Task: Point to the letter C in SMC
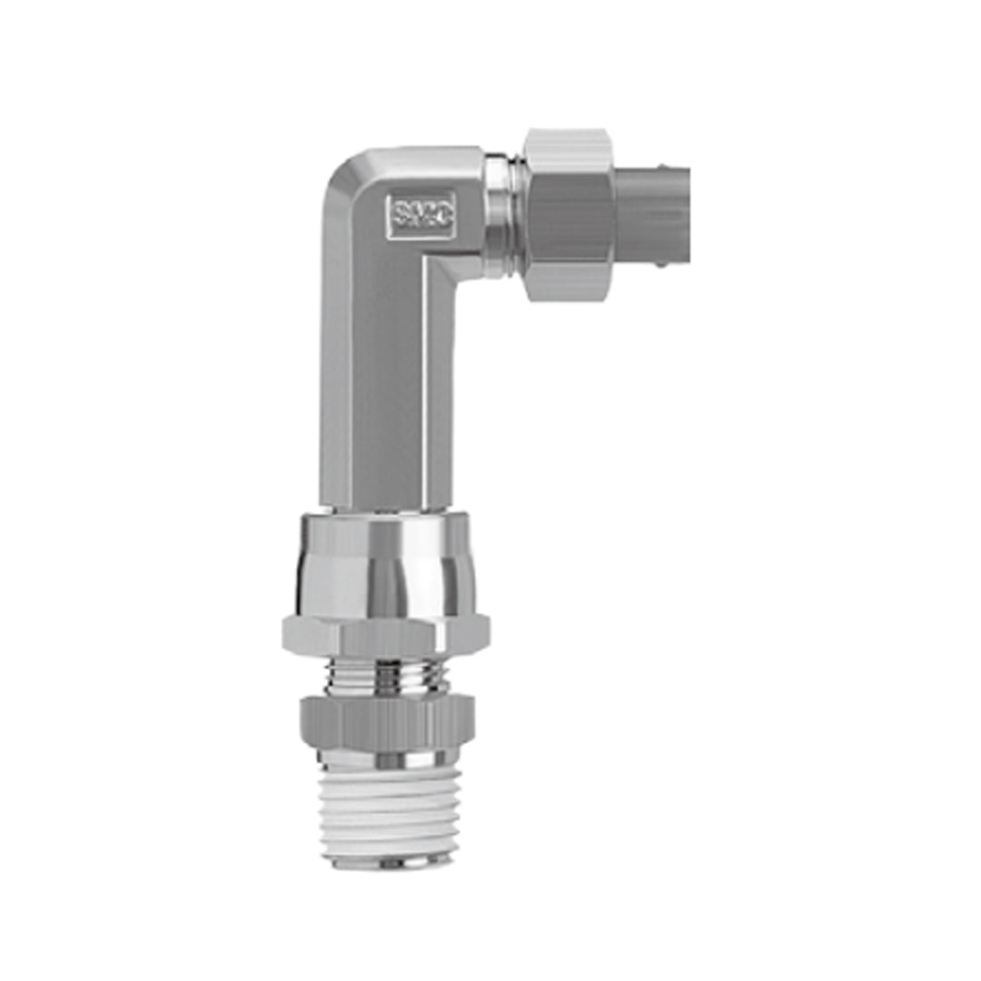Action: (445, 215)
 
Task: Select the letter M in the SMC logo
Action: (424, 215)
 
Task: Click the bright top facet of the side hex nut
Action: (568, 151)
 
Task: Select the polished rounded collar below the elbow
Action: (381, 568)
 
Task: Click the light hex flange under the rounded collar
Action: (386, 634)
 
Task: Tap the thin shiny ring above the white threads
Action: (387, 757)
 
